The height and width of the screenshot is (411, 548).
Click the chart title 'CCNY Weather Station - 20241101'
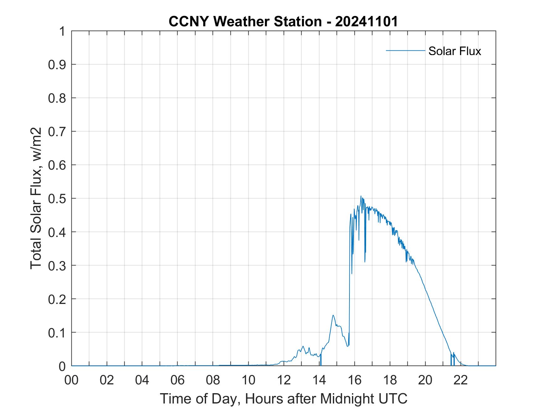tap(283, 22)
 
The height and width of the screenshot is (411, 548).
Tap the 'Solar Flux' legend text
tap(454, 51)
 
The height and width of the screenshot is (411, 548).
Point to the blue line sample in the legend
tap(405, 50)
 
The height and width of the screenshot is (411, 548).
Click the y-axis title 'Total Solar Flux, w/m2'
tap(36, 198)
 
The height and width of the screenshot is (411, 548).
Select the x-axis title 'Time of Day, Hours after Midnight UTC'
tap(283, 399)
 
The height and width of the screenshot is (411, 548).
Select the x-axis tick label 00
tap(71, 380)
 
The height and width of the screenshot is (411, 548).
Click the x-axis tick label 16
tap(355, 380)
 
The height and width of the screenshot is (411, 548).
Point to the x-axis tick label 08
tap(213, 380)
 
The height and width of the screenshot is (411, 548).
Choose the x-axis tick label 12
tap(284, 380)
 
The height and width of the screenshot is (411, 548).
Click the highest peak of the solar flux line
tap(361, 196)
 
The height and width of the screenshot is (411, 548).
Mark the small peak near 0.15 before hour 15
tap(333, 315)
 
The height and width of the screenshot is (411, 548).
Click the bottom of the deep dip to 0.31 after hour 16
tap(365, 262)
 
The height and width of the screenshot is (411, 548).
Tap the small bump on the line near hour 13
tap(303, 346)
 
